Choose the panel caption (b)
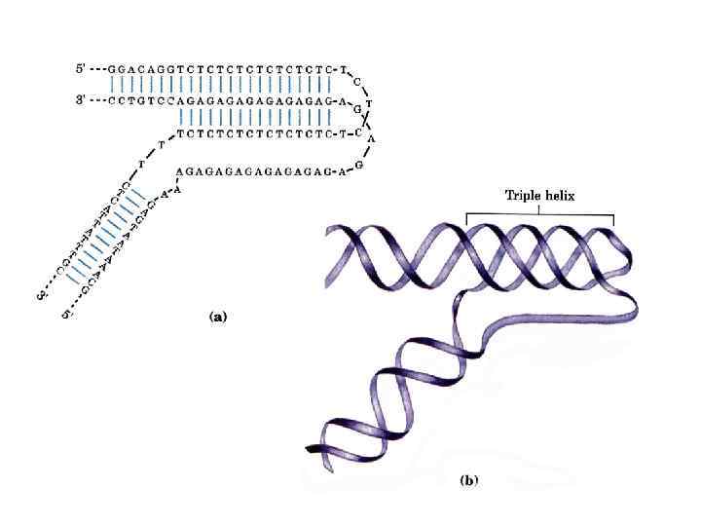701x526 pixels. (x=469, y=481)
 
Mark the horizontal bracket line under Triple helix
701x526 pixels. (x=540, y=213)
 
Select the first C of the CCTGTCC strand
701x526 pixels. (x=113, y=100)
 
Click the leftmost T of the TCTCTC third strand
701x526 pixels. (x=182, y=130)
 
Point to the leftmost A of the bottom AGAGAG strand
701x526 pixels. (x=178, y=170)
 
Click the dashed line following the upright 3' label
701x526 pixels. (x=98, y=100)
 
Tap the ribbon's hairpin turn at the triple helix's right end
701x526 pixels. (x=624, y=255)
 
